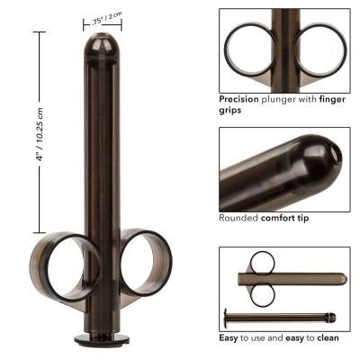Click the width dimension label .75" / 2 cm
tap(107, 20)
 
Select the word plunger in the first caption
tap(289, 98)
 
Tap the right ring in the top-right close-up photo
tap(320, 49)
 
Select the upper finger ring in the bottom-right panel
tap(262, 263)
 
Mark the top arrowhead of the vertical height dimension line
tap(39, 33)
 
